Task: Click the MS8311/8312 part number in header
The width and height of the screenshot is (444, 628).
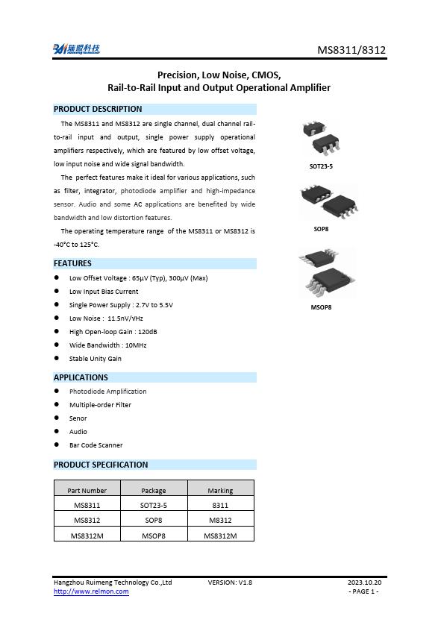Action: point(351,51)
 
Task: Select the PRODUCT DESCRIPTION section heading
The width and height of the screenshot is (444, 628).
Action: point(98,109)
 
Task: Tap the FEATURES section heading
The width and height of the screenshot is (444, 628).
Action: point(73,263)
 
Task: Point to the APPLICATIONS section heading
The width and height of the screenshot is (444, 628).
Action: point(81,377)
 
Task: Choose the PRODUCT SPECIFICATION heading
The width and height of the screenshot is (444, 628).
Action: point(101,465)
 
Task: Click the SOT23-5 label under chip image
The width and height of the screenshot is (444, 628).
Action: point(321,166)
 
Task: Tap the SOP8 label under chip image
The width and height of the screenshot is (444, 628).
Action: point(321,229)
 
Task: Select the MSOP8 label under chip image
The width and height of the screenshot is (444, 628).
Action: point(321,307)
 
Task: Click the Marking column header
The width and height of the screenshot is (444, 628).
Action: point(220,490)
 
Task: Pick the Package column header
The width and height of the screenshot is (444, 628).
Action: point(154,490)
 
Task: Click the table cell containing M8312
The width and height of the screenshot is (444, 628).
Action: point(220,520)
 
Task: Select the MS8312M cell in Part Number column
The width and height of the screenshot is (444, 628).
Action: point(87,536)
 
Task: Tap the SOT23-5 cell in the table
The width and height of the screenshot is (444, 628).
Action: point(154,505)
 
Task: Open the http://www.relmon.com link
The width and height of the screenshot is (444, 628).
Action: point(91,591)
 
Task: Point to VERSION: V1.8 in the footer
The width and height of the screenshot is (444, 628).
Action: point(230,582)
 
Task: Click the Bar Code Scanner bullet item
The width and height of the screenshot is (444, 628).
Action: point(96,445)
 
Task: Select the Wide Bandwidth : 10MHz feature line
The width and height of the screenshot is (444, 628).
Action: point(107,345)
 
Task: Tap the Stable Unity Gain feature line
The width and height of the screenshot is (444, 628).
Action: point(96,359)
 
